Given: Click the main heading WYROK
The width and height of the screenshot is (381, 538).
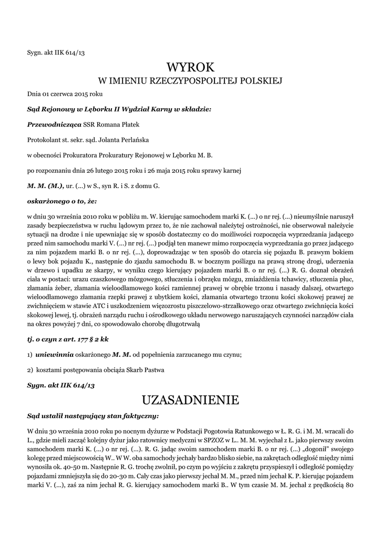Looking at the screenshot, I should [x=191, y=67].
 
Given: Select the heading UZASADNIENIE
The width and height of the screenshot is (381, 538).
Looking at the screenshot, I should [x=191, y=400].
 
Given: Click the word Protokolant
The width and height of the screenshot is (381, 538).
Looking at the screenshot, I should [x=44, y=140].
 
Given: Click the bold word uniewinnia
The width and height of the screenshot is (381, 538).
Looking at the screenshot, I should [x=55, y=355].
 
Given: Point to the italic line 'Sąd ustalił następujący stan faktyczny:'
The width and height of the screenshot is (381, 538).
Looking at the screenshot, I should [x=93, y=416].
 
